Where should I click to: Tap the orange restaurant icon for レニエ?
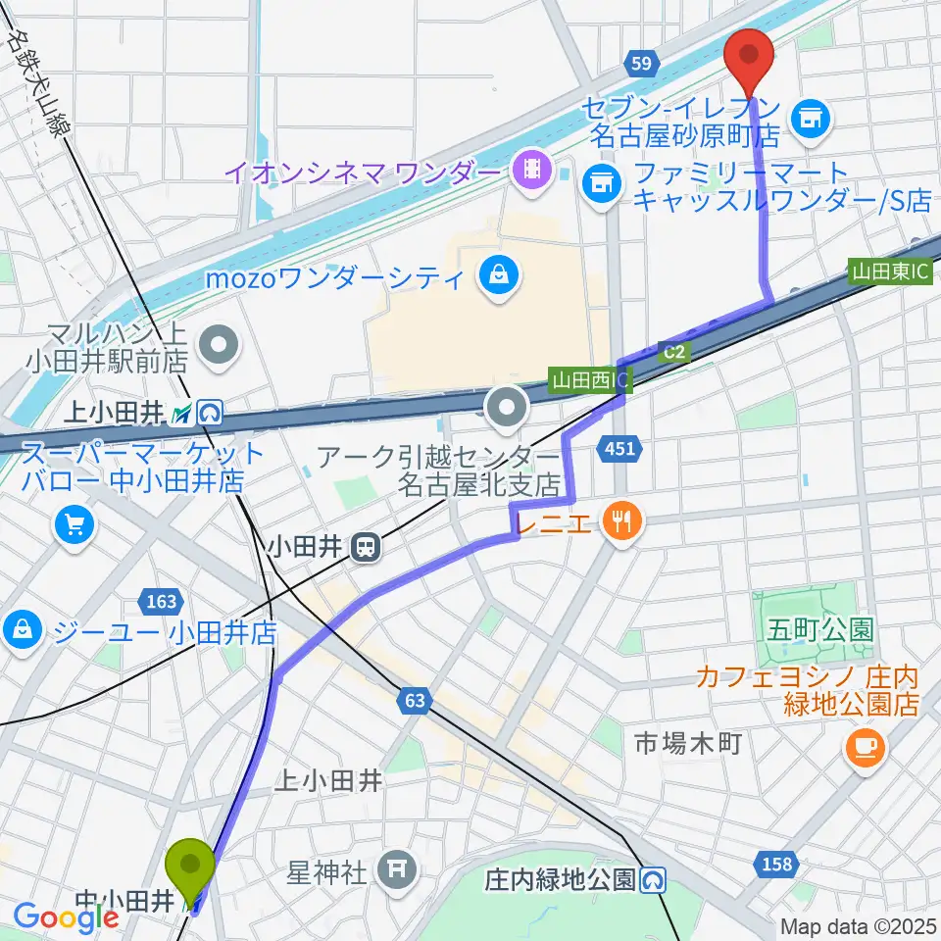(619, 520)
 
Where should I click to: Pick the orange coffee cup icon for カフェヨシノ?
(865, 748)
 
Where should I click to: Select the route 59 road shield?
(640, 64)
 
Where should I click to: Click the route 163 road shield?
(162, 600)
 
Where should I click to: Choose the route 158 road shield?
(775, 863)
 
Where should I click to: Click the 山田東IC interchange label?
(889, 271)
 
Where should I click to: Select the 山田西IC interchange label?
(586, 377)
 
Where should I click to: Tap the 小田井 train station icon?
(367, 547)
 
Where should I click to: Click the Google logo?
(66, 916)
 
